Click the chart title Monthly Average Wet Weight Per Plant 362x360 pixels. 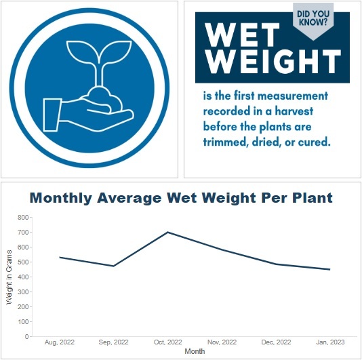point(181,199)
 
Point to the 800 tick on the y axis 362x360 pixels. point(23,218)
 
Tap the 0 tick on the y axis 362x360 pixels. point(27,336)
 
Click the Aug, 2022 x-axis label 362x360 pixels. point(59,344)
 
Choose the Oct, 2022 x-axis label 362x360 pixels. point(167,344)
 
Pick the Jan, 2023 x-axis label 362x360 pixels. point(330,344)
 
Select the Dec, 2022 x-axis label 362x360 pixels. point(276,344)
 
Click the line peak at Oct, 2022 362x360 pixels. point(167,233)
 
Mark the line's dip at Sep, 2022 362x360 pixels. point(113,266)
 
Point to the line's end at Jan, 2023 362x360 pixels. point(330,269)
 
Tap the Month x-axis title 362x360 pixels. point(195,353)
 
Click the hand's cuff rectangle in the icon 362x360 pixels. point(52,115)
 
